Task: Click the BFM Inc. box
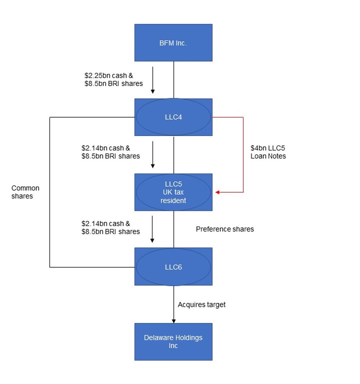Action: click(x=173, y=43)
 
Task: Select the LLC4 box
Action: click(x=173, y=117)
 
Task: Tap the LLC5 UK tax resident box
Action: click(x=173, y=192)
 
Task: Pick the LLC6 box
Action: click(x=173, y=267)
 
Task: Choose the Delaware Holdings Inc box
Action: click(x=173, y=342)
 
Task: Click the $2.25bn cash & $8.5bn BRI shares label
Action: click(x=113, y=80)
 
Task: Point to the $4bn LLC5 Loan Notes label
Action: click(x=268, y=152)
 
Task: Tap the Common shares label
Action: click(x=25, y=192)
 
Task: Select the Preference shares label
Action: click(x=225, y=229)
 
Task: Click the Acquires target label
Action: click(x=202, y=305)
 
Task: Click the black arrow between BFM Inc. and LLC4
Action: click(x=153, y=80)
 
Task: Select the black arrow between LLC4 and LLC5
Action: click(x=153, y=154)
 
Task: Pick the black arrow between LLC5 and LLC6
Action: click(x=153, y=229)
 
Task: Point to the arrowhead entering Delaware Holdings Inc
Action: click(x=174, y=321)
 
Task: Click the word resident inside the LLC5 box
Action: click(x=173, y=200)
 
